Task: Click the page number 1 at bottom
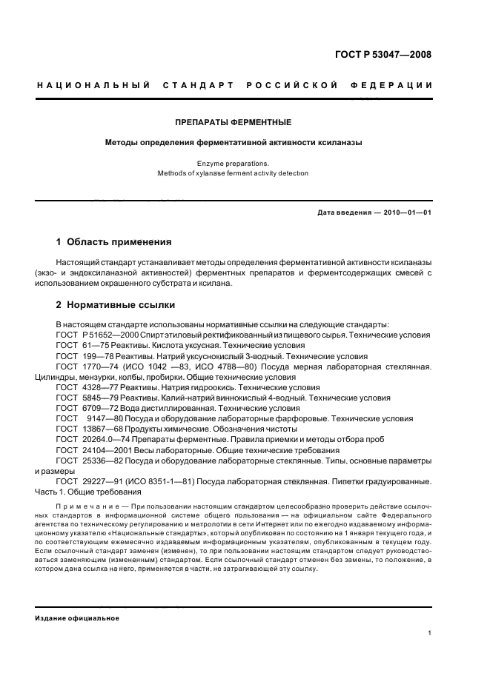coord(429,633)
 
